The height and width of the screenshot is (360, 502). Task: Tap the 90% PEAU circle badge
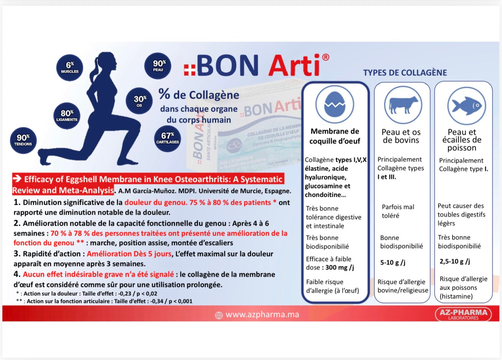click(x=158, y=65)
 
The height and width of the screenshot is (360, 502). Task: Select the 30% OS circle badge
click(x=139, y=101)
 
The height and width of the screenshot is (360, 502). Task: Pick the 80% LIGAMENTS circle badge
click(x=67, y=115)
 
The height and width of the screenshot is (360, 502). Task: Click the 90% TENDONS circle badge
click(x=23, y=140)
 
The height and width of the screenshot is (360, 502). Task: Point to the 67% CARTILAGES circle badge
click(x=167, y=138)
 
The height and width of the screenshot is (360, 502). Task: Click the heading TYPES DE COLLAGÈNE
click(x=405, y=73)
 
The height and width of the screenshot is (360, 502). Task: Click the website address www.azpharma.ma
click(x=262, y=315)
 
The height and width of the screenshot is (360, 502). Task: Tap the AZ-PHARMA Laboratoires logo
click(x=463, y=314)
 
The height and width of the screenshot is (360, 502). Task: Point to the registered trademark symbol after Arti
click(x=326, y=57)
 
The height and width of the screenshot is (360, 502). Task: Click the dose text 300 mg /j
click(x=339, y=268)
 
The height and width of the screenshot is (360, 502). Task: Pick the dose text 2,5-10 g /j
click(x=455, y=261)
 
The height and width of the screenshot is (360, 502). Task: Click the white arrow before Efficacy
click(x=17, y=178)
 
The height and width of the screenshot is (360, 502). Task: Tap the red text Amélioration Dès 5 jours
click(x=129, y=254)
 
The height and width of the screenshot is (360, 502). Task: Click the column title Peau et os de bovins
click(x=401, y=136)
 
